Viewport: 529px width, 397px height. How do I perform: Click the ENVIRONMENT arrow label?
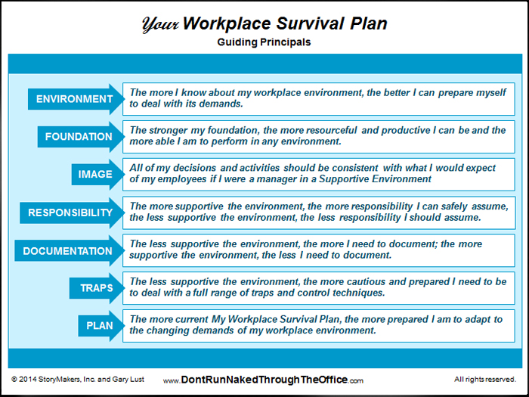pos(76,99)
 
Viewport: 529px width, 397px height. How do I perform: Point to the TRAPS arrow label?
pos(97,288)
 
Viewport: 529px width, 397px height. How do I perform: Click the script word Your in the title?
pos(160,24)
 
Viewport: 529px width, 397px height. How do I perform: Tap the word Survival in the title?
pos(310,23)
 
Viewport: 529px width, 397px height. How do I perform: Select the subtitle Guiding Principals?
pos(264,42)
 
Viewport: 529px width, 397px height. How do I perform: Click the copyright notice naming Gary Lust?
pos(78,379)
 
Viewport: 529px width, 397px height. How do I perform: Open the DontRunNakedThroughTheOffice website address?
pos(263,380)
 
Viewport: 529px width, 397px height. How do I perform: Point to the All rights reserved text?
pos(485,379)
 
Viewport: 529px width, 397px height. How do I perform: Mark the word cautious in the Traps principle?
pos(366,281)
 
